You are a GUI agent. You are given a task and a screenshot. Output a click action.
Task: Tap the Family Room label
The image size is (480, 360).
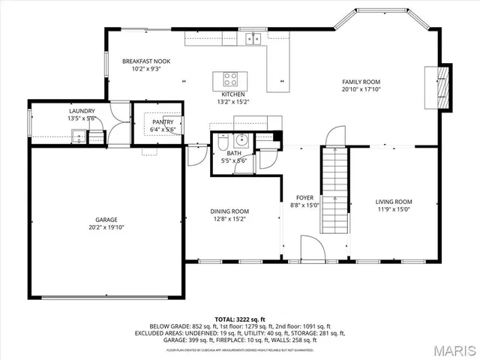tap(361, 81)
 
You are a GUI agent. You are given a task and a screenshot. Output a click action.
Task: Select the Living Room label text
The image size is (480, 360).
tap(394, 201)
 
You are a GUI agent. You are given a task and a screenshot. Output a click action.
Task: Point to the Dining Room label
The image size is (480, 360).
tap(229, 211)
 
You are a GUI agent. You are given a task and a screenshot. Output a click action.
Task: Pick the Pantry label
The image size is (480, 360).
tap(163, 121)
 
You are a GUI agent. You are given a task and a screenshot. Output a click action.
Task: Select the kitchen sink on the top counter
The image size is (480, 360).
tap(256, 38)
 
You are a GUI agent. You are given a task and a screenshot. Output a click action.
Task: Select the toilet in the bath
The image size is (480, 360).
tap(223, 143)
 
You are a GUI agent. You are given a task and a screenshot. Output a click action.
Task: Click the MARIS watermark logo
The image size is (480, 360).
tap(451, 349)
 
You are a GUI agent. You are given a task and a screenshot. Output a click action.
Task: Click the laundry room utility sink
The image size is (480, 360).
tap(77, 136)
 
